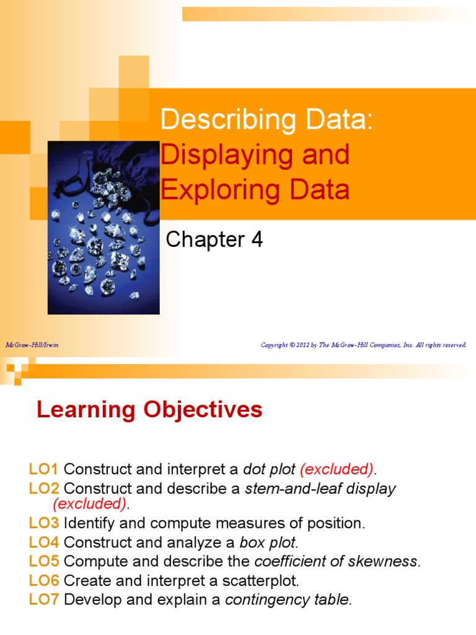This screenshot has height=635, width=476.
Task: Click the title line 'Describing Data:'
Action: click(x=267, y=120)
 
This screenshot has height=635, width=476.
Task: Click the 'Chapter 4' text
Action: click(x=214, y=239)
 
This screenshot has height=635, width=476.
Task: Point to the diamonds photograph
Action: click(x=104, y=227)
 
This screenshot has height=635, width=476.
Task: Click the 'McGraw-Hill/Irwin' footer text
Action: click(x=32, y=345)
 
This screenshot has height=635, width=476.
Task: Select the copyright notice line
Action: click(x=363, y=345)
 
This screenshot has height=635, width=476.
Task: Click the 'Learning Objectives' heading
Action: click(x=149, y=410)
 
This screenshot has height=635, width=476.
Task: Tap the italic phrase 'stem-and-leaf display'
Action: click(x=320, y=489)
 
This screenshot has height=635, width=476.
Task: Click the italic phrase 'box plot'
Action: click(x=268, y=543)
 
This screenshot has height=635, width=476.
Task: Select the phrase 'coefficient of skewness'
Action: click(x=336, y=562)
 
